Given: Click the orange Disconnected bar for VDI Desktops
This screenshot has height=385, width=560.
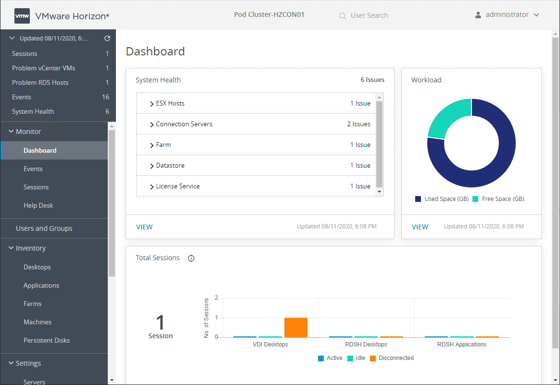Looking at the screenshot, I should point(295,327).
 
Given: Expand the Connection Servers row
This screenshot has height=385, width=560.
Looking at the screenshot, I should point(152,124).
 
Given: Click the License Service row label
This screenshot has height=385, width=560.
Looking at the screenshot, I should point(178,186).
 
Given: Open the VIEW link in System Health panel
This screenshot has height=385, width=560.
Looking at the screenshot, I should point(144,227).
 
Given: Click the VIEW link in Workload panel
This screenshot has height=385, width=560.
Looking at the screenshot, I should point(420,227).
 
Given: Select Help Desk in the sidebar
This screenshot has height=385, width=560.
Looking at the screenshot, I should point(38,205).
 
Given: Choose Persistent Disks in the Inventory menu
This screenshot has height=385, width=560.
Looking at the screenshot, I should point(47,340).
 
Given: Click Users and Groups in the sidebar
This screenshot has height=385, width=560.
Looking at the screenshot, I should point(44,228).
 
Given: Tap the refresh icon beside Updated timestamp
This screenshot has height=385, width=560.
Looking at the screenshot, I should point(107,39).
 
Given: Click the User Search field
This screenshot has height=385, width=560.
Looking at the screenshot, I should point(369,15).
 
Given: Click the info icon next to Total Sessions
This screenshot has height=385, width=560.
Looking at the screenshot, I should point(191,258).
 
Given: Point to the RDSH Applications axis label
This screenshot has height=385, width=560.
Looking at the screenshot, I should point(461,345).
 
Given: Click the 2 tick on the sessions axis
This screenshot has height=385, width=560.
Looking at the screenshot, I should point(216,298).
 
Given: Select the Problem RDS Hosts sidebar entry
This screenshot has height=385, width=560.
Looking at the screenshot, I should point(40,82).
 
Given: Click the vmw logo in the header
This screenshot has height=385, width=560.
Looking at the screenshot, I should point(22,15).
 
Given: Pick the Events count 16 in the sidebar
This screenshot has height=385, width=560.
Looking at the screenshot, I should point(105,97).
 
